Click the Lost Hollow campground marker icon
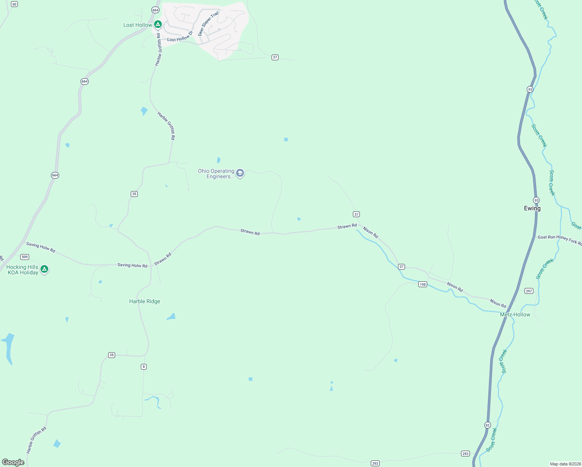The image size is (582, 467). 158,25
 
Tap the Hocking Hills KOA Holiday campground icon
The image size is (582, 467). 44,269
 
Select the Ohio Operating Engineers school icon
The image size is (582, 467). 240,173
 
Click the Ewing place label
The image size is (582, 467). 532,208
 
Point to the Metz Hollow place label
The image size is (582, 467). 515,314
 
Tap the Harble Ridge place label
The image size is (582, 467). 145,301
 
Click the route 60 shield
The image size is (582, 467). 14,4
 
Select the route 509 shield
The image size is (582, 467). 25,257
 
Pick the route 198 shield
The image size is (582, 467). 423,284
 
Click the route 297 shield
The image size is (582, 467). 529,291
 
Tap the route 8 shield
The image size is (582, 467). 144,367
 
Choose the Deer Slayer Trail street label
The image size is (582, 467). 209,24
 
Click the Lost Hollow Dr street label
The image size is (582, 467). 180,37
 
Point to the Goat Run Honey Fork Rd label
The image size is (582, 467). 559,239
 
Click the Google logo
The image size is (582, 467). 13,462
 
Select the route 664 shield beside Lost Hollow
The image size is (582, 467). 156,10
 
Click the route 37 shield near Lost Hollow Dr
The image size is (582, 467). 275,57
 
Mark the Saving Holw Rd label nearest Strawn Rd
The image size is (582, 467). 132,265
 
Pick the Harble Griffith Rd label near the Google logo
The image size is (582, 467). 36,440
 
